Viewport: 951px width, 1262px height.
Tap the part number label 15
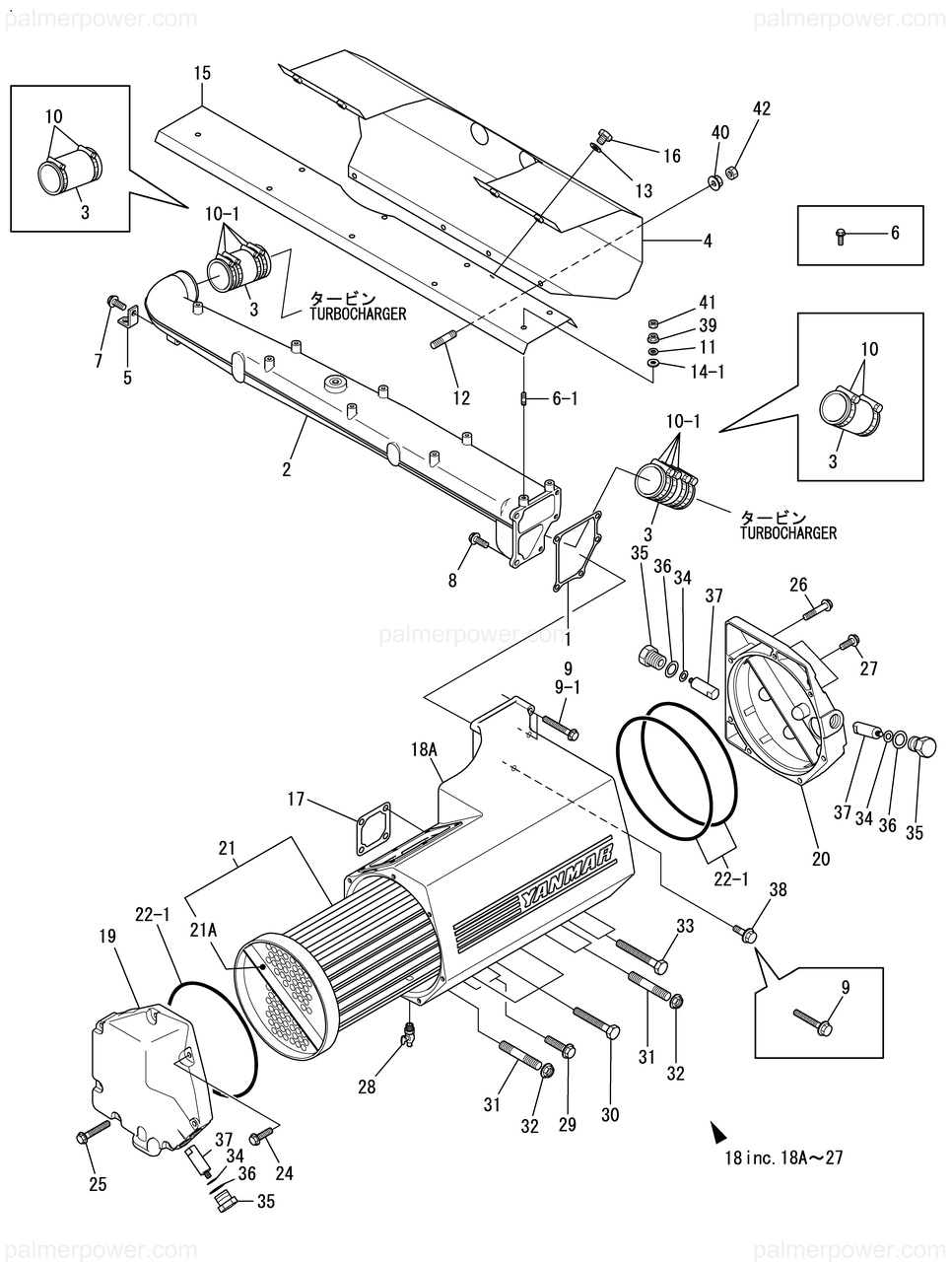coord(202,74)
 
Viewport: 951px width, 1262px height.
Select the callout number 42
coord(762,108)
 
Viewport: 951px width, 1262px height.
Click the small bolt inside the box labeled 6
coord(840,237)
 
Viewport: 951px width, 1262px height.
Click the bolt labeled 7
coord(113,301)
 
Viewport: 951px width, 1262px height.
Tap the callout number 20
coord(820,859)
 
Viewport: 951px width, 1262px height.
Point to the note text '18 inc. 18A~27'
coord(784,1157)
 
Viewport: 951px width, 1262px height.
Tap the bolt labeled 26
coord(816,609)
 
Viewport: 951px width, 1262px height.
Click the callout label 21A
coord(203,931)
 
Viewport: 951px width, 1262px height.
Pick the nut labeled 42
coord(731,172)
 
